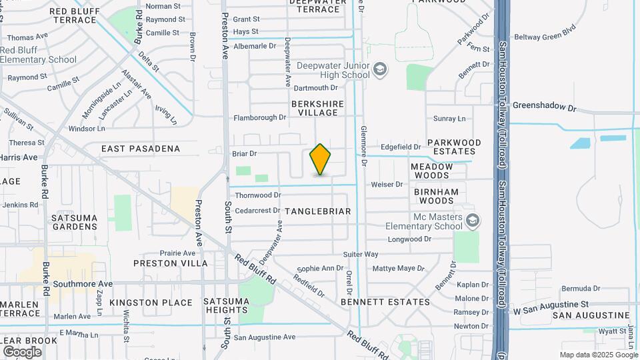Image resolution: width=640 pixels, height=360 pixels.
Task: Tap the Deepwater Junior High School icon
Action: coord(379,69)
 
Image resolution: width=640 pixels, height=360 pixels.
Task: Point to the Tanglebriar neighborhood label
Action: coord(317,211)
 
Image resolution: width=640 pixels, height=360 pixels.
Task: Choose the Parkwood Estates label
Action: coord(454,147)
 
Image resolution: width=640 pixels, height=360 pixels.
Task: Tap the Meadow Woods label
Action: coord(431,171)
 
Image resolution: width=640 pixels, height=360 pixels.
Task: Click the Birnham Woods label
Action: coord(437,196)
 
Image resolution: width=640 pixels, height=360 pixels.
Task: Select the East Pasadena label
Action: coord(141,149)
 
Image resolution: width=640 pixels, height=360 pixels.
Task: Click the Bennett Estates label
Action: coord(385,302)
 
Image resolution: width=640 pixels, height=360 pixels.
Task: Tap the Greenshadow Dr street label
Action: coord(544,107)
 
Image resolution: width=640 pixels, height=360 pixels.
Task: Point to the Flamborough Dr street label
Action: coord(259,118)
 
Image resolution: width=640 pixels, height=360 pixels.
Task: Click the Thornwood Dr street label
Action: coord(258,195)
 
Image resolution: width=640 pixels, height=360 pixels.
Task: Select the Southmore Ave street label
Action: coord(83,284)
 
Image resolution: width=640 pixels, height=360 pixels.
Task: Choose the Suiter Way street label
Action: coord(361,255)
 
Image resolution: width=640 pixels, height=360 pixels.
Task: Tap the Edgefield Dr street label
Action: coord(401,147)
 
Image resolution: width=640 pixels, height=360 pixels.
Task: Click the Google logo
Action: coord(22,351)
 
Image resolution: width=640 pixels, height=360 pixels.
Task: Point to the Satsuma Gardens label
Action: coord(75,222)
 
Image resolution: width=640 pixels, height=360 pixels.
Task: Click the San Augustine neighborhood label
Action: coord(591,315)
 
